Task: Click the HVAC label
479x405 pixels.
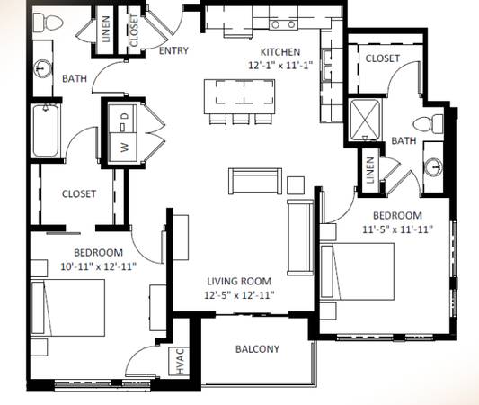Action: click(180, 361)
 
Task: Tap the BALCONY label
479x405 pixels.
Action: click(257, 349)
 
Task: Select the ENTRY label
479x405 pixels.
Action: click(173, 50)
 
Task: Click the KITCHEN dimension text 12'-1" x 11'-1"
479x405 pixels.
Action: click(280, 65)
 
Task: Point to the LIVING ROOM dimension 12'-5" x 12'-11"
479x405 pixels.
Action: click(239, 295)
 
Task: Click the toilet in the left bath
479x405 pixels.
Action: click(48, 22)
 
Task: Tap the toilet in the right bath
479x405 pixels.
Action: click(428, 124)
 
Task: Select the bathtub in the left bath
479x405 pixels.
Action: click(46, 130)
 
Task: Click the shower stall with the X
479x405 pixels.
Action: click(365, 120)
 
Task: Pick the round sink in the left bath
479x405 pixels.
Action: click(43, 68)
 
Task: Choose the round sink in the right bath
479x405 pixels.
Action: click(434, 167)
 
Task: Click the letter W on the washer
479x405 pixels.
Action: click(125, 148)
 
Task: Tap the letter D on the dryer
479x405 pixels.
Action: click(125, 116)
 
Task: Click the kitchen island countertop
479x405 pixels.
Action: click(239, 96)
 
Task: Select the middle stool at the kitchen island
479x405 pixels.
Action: click(241, 119)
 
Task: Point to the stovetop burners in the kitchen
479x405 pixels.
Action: click(283, 24)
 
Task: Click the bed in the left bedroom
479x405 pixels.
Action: click(67, 308)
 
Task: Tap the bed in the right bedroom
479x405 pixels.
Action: click(357, 272)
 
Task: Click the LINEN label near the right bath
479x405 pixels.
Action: click(370, 170)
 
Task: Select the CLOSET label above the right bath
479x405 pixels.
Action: click(383, 58)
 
